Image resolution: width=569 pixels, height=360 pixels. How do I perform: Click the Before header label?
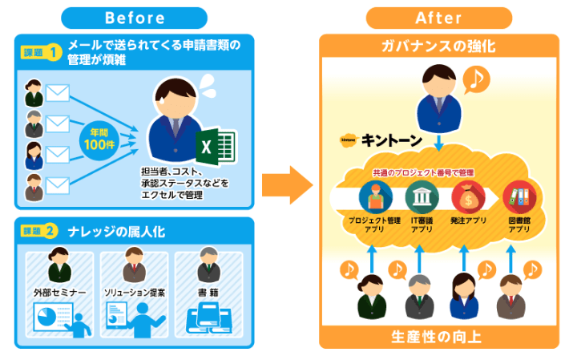click(x=133, y=18)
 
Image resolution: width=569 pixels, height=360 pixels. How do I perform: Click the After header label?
click(x=438, y=18)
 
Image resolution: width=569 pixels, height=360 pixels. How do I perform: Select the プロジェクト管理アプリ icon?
click(x=373, y=196)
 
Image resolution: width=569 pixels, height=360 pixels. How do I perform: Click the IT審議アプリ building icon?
click(x=422, y=196)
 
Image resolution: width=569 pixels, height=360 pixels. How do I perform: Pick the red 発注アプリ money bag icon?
click(x=467, y=196)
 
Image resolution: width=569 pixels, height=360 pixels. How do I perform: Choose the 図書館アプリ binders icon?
click(x=518, y=196)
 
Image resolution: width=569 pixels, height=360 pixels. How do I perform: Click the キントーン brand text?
click(x=393, y=140)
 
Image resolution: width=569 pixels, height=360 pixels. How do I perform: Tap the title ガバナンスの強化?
click(x=438, y=47)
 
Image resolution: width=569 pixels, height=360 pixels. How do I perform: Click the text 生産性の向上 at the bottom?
click(x=438, y=335)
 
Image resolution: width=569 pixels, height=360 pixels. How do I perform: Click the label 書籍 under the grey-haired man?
click(x=208, y=293)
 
